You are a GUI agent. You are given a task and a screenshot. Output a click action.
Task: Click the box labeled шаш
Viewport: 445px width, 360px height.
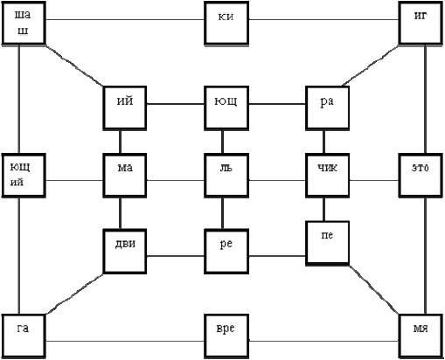[x=24, y=23]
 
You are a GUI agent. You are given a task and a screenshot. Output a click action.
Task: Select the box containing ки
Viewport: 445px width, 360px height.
[x=226, y=24]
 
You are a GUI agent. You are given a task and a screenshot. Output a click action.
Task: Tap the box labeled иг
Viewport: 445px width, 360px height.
[x=421, y=23]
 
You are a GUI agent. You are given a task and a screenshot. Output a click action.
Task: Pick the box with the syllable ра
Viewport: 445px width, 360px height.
[x=328, y=107]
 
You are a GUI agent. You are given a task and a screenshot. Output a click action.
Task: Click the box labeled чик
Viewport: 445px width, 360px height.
[x=328, y=176]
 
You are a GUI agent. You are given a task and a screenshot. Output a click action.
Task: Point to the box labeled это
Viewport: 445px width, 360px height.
[x=421, y=176]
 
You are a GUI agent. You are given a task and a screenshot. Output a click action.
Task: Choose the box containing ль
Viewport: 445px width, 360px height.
[x=226, y=176]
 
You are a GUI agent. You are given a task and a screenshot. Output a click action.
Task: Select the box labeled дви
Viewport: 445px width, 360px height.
[x=125, y=252]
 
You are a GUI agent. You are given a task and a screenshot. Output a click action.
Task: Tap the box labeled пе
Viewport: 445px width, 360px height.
[x=328, y=244]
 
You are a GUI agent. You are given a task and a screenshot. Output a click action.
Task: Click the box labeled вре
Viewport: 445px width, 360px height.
[x=226, y=336]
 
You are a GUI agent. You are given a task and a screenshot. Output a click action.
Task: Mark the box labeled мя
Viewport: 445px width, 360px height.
[x=421, y=336]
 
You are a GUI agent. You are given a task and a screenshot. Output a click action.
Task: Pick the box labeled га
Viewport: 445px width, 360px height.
[x=24, y=336]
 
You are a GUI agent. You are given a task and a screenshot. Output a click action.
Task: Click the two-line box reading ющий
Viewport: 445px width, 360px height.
[x=24, y=176]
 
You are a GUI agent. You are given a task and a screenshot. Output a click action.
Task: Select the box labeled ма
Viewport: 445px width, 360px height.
[x=125, y=176]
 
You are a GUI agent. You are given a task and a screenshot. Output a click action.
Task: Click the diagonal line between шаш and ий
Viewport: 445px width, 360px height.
[x=74, y=66]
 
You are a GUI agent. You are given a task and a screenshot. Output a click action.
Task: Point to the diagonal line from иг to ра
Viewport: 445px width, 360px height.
[x=371, y=66]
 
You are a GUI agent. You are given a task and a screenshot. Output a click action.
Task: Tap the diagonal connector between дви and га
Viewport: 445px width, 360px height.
[x=74, y=294]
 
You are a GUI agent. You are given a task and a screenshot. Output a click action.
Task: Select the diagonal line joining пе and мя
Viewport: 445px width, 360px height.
[x=374, y=289]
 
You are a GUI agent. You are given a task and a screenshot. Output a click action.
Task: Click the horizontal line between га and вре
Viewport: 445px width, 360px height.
[x=125, y=341]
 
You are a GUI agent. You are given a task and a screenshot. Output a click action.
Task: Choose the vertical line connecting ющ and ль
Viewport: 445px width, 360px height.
[x=223, y=142]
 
